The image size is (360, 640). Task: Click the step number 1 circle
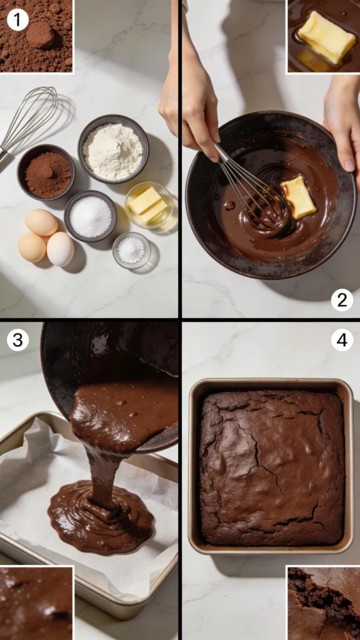pos(17,20)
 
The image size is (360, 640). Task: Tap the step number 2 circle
pos(342,300)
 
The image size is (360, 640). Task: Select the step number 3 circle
pos(17,340)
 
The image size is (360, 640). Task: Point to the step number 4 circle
pos(342,340)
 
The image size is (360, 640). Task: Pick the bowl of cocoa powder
pos(46,172)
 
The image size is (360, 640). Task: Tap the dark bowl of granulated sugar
pos(91,216)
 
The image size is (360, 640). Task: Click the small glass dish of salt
pos(131,250)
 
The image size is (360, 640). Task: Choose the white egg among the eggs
pos(61,249)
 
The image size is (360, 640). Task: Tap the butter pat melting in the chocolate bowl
pos(298,197)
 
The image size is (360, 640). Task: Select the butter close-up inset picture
pos(322,36)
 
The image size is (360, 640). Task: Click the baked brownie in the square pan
pos(271,466)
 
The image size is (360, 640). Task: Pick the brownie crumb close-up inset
pos(322,602)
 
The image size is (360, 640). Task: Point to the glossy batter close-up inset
pos(36,602)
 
